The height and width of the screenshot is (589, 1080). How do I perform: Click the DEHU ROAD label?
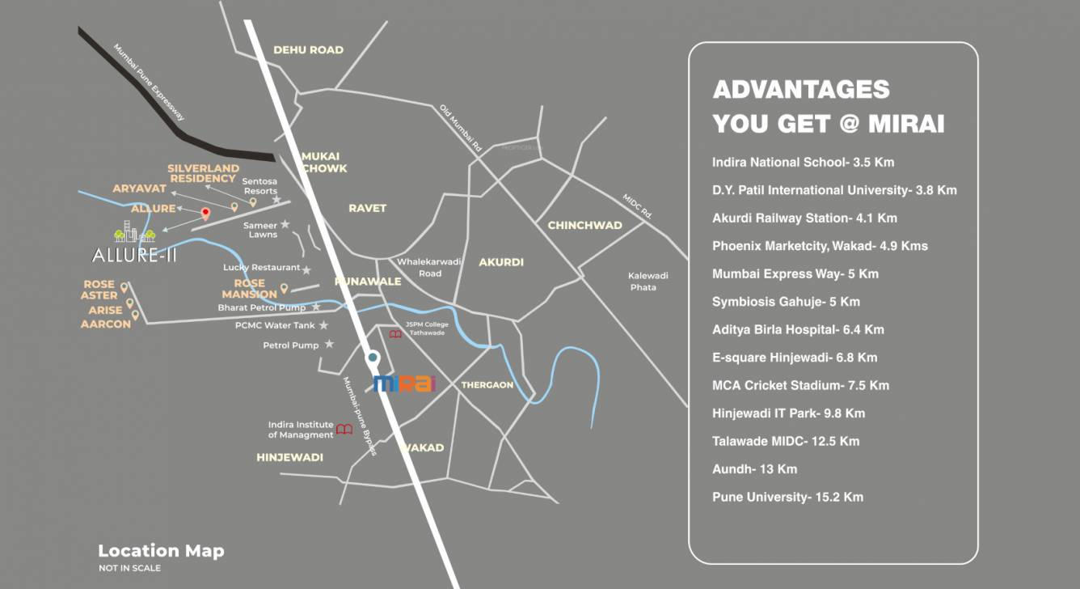[308, 50]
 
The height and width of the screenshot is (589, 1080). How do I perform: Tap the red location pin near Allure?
[205, 214]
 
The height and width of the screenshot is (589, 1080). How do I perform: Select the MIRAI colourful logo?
[405, 383]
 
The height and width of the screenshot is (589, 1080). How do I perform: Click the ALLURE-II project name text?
[134, 256]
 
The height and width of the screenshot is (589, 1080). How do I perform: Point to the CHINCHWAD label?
[584, 225]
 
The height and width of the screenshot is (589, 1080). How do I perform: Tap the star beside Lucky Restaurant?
[307, 268]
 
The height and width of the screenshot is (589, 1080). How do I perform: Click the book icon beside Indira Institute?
[344, 430]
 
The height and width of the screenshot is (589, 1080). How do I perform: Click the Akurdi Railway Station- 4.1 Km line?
[804, 218]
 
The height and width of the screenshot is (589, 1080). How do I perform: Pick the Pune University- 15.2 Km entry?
[787, 497]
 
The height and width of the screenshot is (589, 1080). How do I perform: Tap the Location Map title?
[161, 551]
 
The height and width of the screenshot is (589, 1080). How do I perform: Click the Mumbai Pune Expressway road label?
[150, 83]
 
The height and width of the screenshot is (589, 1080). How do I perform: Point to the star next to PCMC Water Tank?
[323, 325]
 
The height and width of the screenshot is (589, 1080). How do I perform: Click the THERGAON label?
[487, 385]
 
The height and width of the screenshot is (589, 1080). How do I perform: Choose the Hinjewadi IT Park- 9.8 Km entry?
[788, 413]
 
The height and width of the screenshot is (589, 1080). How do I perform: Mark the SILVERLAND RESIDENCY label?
[202, 173]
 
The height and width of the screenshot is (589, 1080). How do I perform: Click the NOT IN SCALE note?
[129, 568]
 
